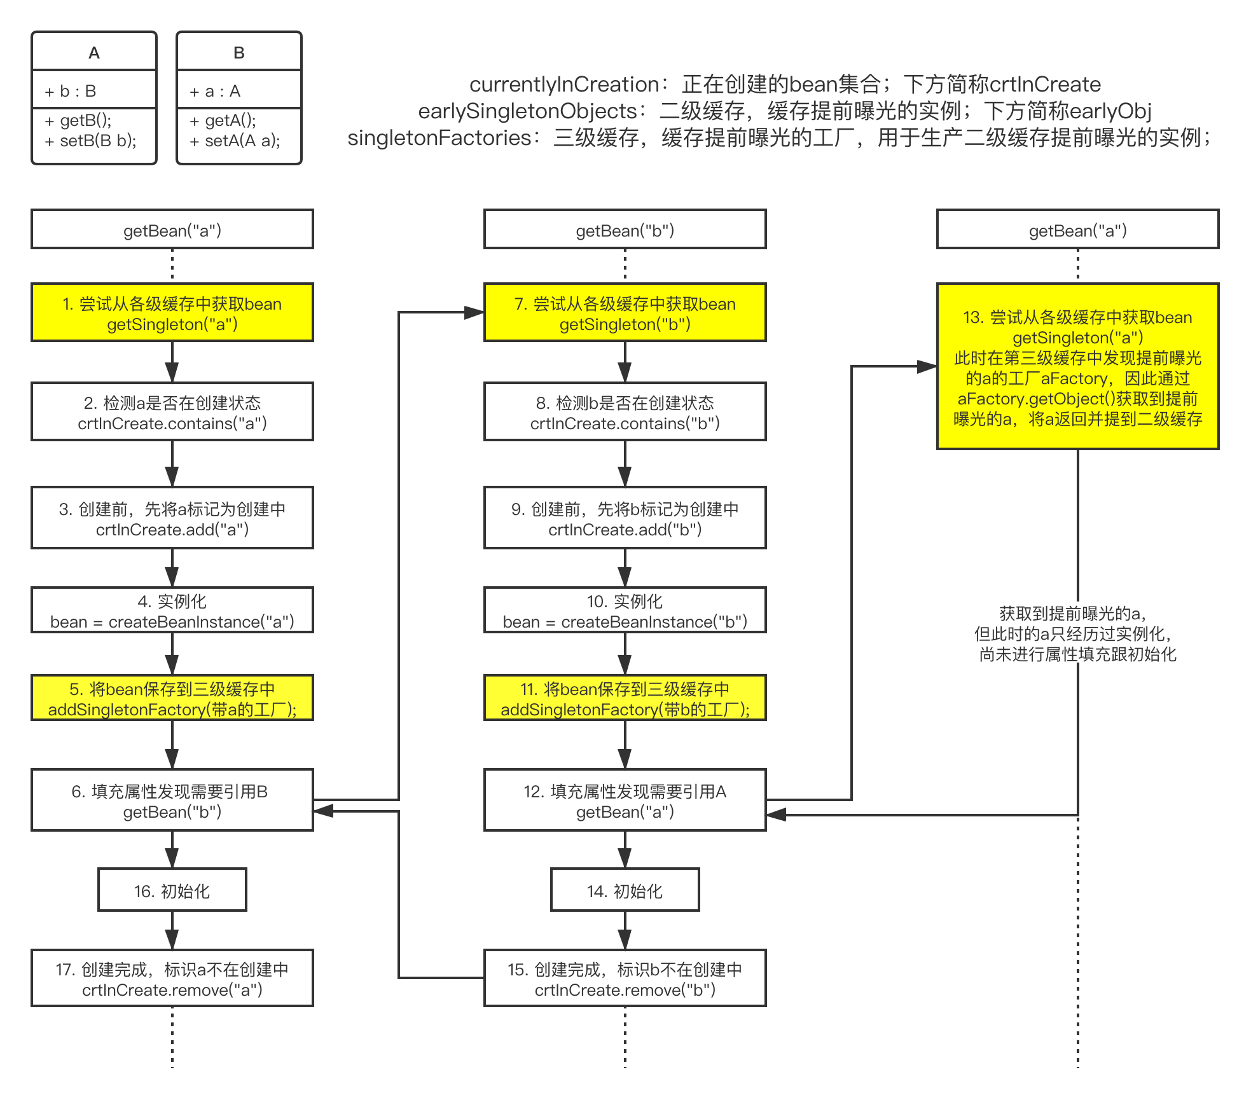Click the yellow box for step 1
tap(172, 313)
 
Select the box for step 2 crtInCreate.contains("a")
tap(172, 412)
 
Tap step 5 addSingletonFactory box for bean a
tap(172, 698)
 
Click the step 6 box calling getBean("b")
tap(172, 801)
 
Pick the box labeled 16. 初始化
tap(172, 890)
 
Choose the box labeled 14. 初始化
tap(625, 890)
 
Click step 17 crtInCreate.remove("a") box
tap(172, 979)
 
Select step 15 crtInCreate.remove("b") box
tap(625, 979)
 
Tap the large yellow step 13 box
tap(1077, 367)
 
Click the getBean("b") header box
tap(625, 230)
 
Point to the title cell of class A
tap(94, 52)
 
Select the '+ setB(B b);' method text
tap(91, 141)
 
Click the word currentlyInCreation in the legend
tap(563, 85)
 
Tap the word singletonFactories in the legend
tap(439, 138)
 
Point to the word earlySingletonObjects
tap(527, 111)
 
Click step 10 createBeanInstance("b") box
tap(625, 610)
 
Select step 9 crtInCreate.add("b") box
tap(625, 518)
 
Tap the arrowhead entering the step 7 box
tap(474, 313)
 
